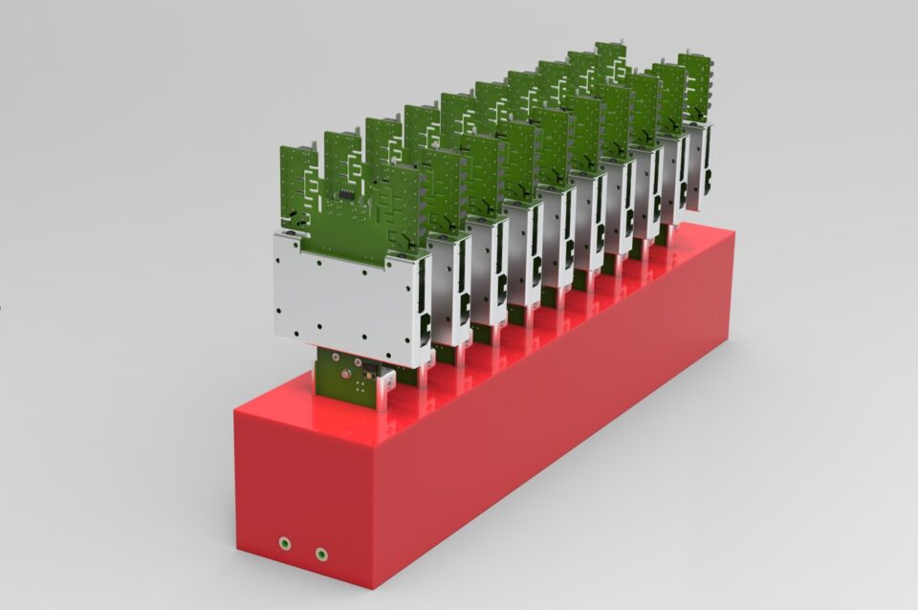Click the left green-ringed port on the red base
point(285,543)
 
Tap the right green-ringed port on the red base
point(321,552)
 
